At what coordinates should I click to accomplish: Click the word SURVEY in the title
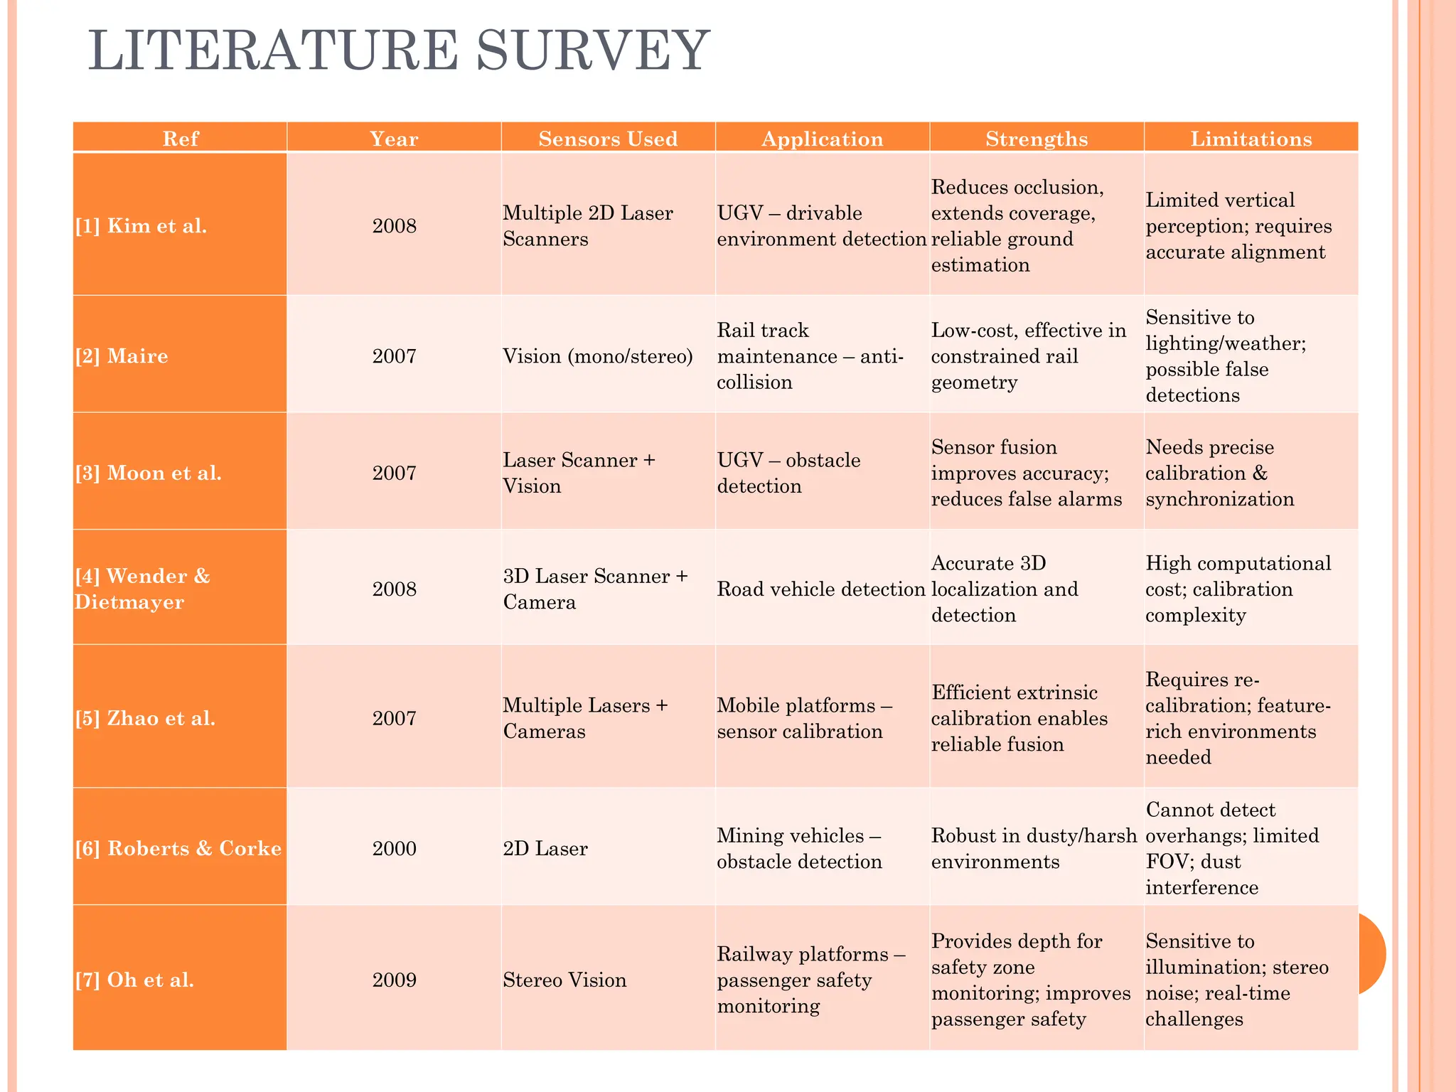(593, 51)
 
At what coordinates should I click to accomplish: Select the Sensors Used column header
(608, 139)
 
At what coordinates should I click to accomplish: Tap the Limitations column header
(1251, 139)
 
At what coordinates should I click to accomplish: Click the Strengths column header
(1036, 139)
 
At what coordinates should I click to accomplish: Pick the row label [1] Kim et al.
(141, 226)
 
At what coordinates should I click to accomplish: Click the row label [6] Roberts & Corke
(178, 848)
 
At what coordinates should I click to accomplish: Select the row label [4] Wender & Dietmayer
(142, 589)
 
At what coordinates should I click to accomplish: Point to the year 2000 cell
(394, 848)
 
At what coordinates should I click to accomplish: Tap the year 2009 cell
(394, 980)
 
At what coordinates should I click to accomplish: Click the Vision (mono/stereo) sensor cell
(597, 355)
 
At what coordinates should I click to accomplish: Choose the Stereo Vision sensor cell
(564, 980)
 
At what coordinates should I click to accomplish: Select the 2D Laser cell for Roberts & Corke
(545, 848)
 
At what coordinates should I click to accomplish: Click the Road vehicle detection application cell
(820, 589)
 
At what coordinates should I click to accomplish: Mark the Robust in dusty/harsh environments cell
(1034, 848)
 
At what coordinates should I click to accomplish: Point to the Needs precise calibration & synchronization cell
(1219, 473)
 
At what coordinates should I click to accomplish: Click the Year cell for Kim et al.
(394, 226)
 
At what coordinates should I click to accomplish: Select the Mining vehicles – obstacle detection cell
(799, 848)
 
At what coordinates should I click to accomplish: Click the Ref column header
(180, 139)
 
